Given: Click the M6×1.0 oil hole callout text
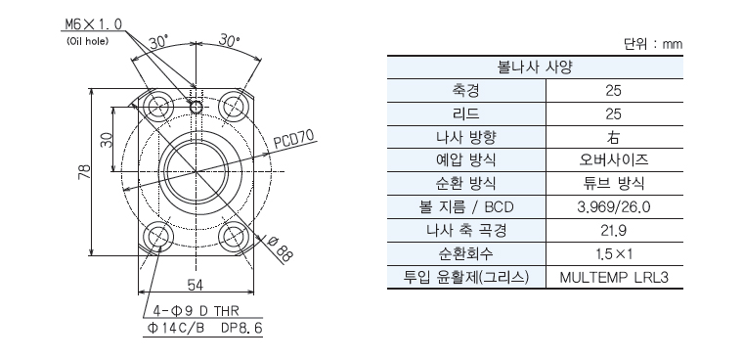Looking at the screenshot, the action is [x=93, y=23].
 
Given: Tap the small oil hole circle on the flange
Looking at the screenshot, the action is [x=197, y=108].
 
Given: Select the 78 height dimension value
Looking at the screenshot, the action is [x=84, y=172].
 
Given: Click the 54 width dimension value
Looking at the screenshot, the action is [x=195, y=285].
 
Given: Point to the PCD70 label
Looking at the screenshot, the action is [x=294, y=140].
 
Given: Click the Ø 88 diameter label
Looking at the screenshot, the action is [x=280, y=248].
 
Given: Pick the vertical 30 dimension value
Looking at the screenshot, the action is [x=108, y=139].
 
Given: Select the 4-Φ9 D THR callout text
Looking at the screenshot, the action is [x=196, y=311].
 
